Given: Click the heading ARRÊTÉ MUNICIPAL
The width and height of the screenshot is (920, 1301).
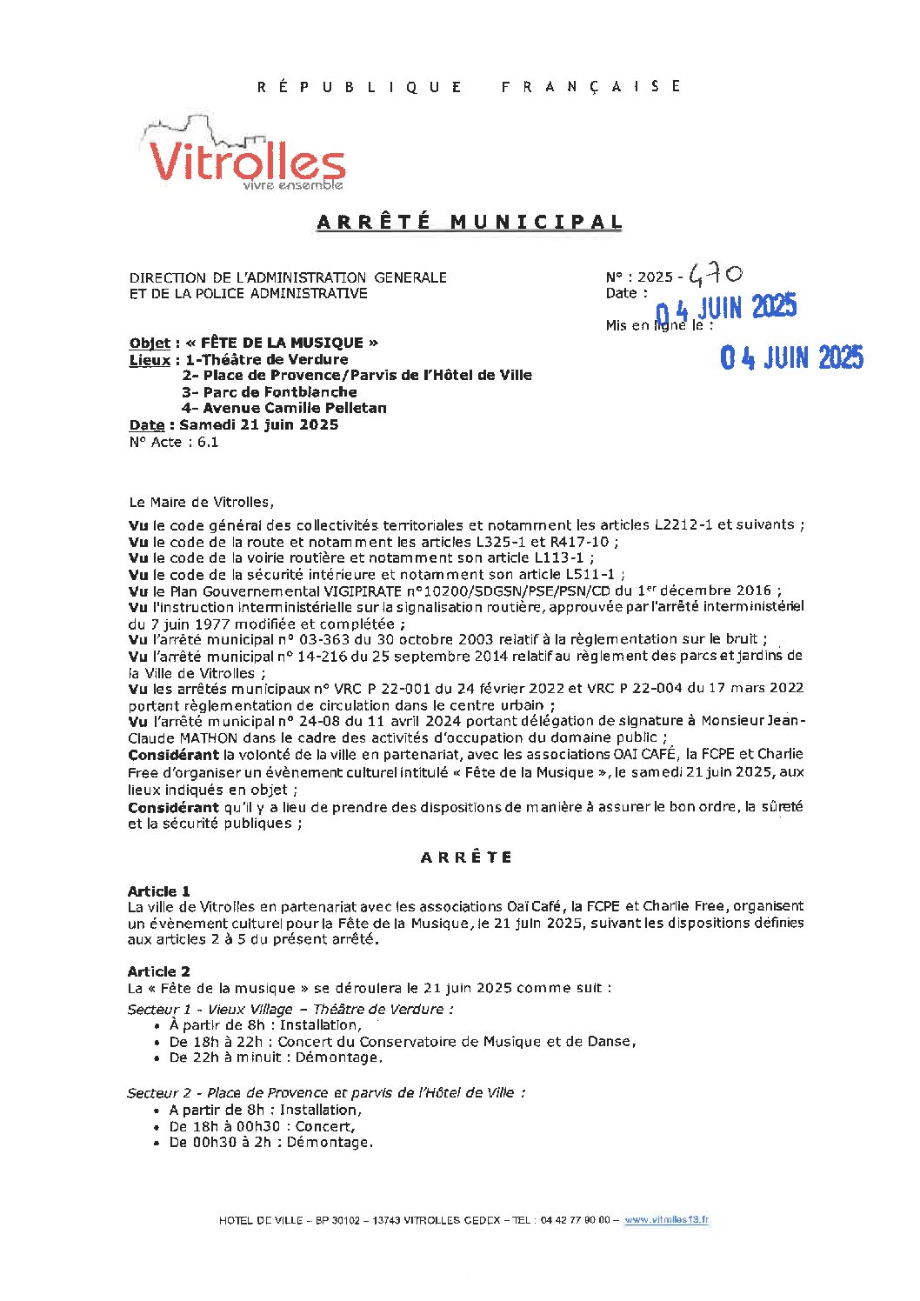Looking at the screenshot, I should point(470,223).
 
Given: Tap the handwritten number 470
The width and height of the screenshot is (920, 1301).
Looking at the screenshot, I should point(715,275).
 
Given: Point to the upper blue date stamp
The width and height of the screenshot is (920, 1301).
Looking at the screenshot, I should point(725,308).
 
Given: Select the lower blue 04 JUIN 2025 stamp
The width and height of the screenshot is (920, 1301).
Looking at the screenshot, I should point(791,357).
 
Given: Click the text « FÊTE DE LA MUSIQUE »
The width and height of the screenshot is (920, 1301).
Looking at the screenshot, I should point(282,343).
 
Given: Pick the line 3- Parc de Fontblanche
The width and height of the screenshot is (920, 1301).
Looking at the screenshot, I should point(269,391).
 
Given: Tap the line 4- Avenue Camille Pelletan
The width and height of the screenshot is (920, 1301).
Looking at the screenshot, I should point(283,408).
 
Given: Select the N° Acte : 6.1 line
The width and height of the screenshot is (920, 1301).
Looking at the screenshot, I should point(174,442).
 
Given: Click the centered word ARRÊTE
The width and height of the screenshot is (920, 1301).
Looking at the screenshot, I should point(466,857).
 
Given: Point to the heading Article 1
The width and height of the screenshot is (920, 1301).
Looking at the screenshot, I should point(158,891).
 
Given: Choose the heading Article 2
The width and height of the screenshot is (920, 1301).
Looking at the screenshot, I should point(158,971).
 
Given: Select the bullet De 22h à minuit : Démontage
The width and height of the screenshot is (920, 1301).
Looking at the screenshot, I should point(275,1057).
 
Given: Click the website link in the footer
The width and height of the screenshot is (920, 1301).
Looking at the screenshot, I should point(666,1219).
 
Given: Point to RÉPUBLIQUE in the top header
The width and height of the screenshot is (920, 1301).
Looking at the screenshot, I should point(359,86).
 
